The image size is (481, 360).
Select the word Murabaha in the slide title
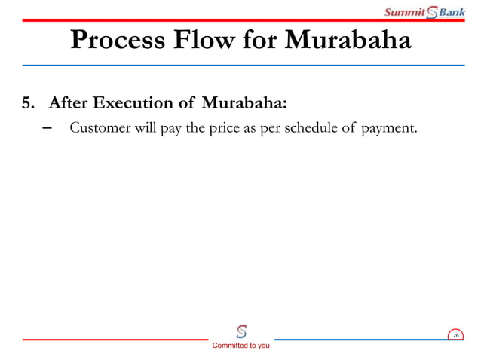click(x=348, y=41)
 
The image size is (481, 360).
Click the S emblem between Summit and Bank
click(x=433, y=12)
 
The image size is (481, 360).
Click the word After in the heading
click(x=69, y=102)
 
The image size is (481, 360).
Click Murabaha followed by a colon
click(x=247, y=102)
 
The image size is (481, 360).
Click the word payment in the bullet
click(x=388, y=128)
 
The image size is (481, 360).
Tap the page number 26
click(x=455, y=334)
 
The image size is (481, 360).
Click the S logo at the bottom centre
click(x=241, y=330)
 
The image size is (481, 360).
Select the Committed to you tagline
click(x=240, y=346)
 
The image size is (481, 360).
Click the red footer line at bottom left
click(x=113, y=340)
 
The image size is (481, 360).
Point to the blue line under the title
click(x=240, y=66)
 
